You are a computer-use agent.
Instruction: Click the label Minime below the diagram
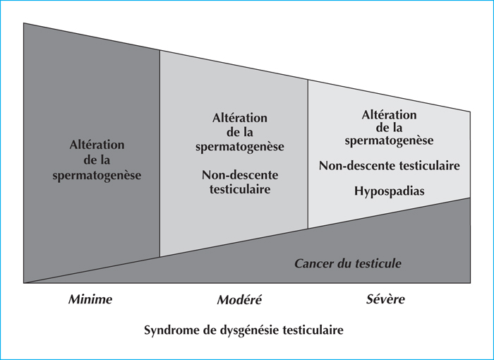(x=90, y=299)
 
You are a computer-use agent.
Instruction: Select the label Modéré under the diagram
(x=239, y=299)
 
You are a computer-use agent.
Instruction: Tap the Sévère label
(x=385, y=299)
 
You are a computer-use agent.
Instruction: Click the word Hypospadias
(x=389, y=191)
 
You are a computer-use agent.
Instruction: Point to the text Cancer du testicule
(x=348, y=263)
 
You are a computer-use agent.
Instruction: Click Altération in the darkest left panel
(x=97, y=145)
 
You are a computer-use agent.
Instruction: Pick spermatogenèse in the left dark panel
(x=97, y=176)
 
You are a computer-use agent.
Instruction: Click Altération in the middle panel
(x=240, y=118)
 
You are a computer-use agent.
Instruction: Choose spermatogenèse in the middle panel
(x=240, y=147)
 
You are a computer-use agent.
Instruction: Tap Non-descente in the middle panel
(x=240, y=175)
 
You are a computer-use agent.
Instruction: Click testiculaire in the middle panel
(x=240, y=189)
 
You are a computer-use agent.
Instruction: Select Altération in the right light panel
(x=389, y=115)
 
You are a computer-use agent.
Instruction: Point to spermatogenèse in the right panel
(x=389, y=140)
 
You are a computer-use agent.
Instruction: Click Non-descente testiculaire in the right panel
(x=390, y=165)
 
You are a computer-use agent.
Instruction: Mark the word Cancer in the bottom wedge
(x=314, y=263)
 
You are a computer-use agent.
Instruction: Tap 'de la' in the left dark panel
(x=97, y=160)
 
